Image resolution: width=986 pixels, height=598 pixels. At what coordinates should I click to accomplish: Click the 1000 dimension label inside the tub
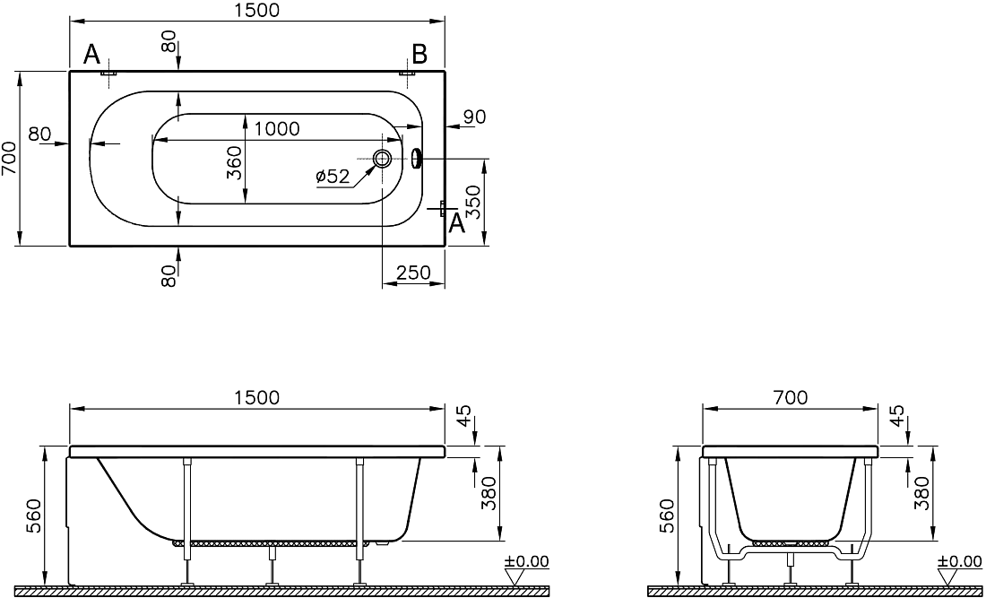point(277,129)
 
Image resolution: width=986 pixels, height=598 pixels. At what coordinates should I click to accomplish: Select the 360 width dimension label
point(234,163)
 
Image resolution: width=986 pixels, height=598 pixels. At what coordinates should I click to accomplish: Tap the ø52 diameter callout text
point(333,177)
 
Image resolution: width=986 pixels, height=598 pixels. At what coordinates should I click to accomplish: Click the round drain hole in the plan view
point(382,159)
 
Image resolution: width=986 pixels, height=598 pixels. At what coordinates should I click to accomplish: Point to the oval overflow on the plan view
point(416,159)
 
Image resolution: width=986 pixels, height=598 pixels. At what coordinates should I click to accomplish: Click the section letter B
point(419,55)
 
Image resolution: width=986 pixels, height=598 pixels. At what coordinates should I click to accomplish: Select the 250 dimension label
point(413,273)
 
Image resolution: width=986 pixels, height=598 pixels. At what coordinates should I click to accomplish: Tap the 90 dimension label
point(474,117)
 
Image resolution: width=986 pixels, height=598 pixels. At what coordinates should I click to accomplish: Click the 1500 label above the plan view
point(256,10)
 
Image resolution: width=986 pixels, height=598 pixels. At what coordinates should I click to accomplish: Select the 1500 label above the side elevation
point(256,397)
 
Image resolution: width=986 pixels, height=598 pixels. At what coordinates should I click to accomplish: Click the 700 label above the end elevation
point(790,397)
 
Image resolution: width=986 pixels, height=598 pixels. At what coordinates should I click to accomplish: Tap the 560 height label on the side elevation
point(36,516)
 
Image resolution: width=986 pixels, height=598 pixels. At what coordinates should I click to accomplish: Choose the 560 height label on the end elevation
point(669,516)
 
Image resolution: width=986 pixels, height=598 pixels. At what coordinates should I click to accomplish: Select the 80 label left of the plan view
point(39,134)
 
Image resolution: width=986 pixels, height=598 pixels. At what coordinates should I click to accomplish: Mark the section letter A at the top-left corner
point(91,56)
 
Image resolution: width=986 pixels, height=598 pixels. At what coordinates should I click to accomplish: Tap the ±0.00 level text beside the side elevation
point(526,561)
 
